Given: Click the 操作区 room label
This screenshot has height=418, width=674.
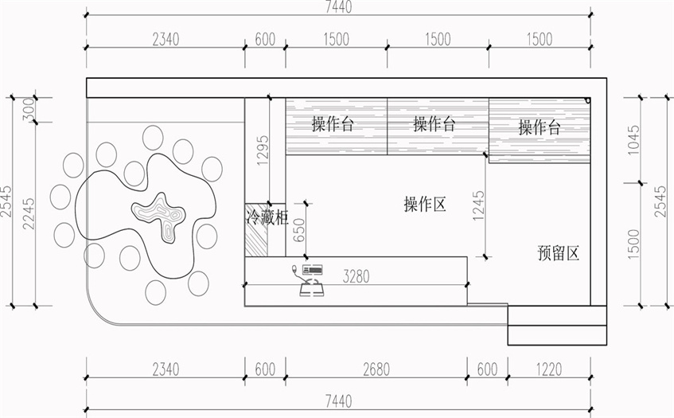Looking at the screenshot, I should [424, 205].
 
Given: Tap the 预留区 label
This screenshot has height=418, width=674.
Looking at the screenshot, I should [557, 253].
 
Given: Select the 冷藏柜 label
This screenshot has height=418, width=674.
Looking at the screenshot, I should [265, 216].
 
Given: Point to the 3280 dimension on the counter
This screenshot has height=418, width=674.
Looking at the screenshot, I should [357, 277].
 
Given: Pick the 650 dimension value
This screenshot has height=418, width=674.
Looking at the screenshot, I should [298, 229].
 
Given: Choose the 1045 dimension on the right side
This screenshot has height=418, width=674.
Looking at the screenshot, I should [633, 140].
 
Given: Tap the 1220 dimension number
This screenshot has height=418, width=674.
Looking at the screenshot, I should [547, 369].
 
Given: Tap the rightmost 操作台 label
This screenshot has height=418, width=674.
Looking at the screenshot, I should [540, 127].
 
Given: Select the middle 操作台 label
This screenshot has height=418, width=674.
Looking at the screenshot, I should [434, 124].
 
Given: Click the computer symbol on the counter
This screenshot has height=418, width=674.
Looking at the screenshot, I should [310, 279].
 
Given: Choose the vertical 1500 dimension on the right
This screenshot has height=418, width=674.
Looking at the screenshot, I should [633, 245].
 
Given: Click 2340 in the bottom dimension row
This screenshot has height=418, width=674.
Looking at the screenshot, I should [164, 369].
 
